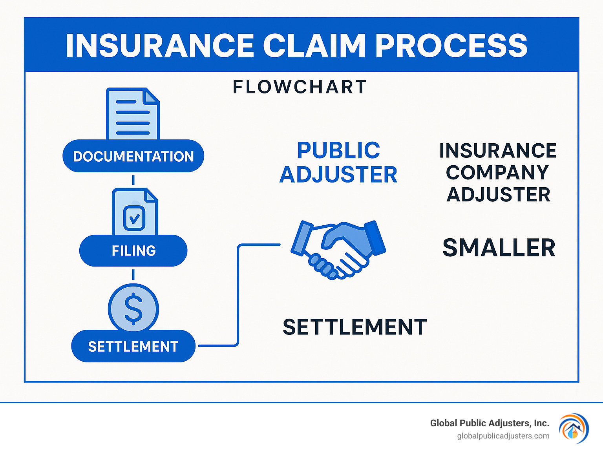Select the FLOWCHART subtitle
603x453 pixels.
click(300, 87)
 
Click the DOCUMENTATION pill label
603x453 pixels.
click(133, 156)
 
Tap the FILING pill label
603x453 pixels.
click(133, 251)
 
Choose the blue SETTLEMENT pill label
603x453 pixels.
click(133, 347)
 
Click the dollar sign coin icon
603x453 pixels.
click(133, 309)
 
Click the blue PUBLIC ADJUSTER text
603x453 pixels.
click(338, 162)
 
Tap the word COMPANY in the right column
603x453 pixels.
click(497, 173)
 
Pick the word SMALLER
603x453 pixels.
click(499, 248)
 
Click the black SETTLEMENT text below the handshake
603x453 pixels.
click(354, 327)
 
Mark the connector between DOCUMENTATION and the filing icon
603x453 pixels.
click(133, 180)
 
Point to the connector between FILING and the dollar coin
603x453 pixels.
click(133, 274)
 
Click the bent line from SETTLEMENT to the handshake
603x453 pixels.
click(238, 294)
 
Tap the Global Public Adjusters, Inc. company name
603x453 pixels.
click(489, 423)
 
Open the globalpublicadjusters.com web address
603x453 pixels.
click(503, 436)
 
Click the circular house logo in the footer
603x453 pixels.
click(574, 429)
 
